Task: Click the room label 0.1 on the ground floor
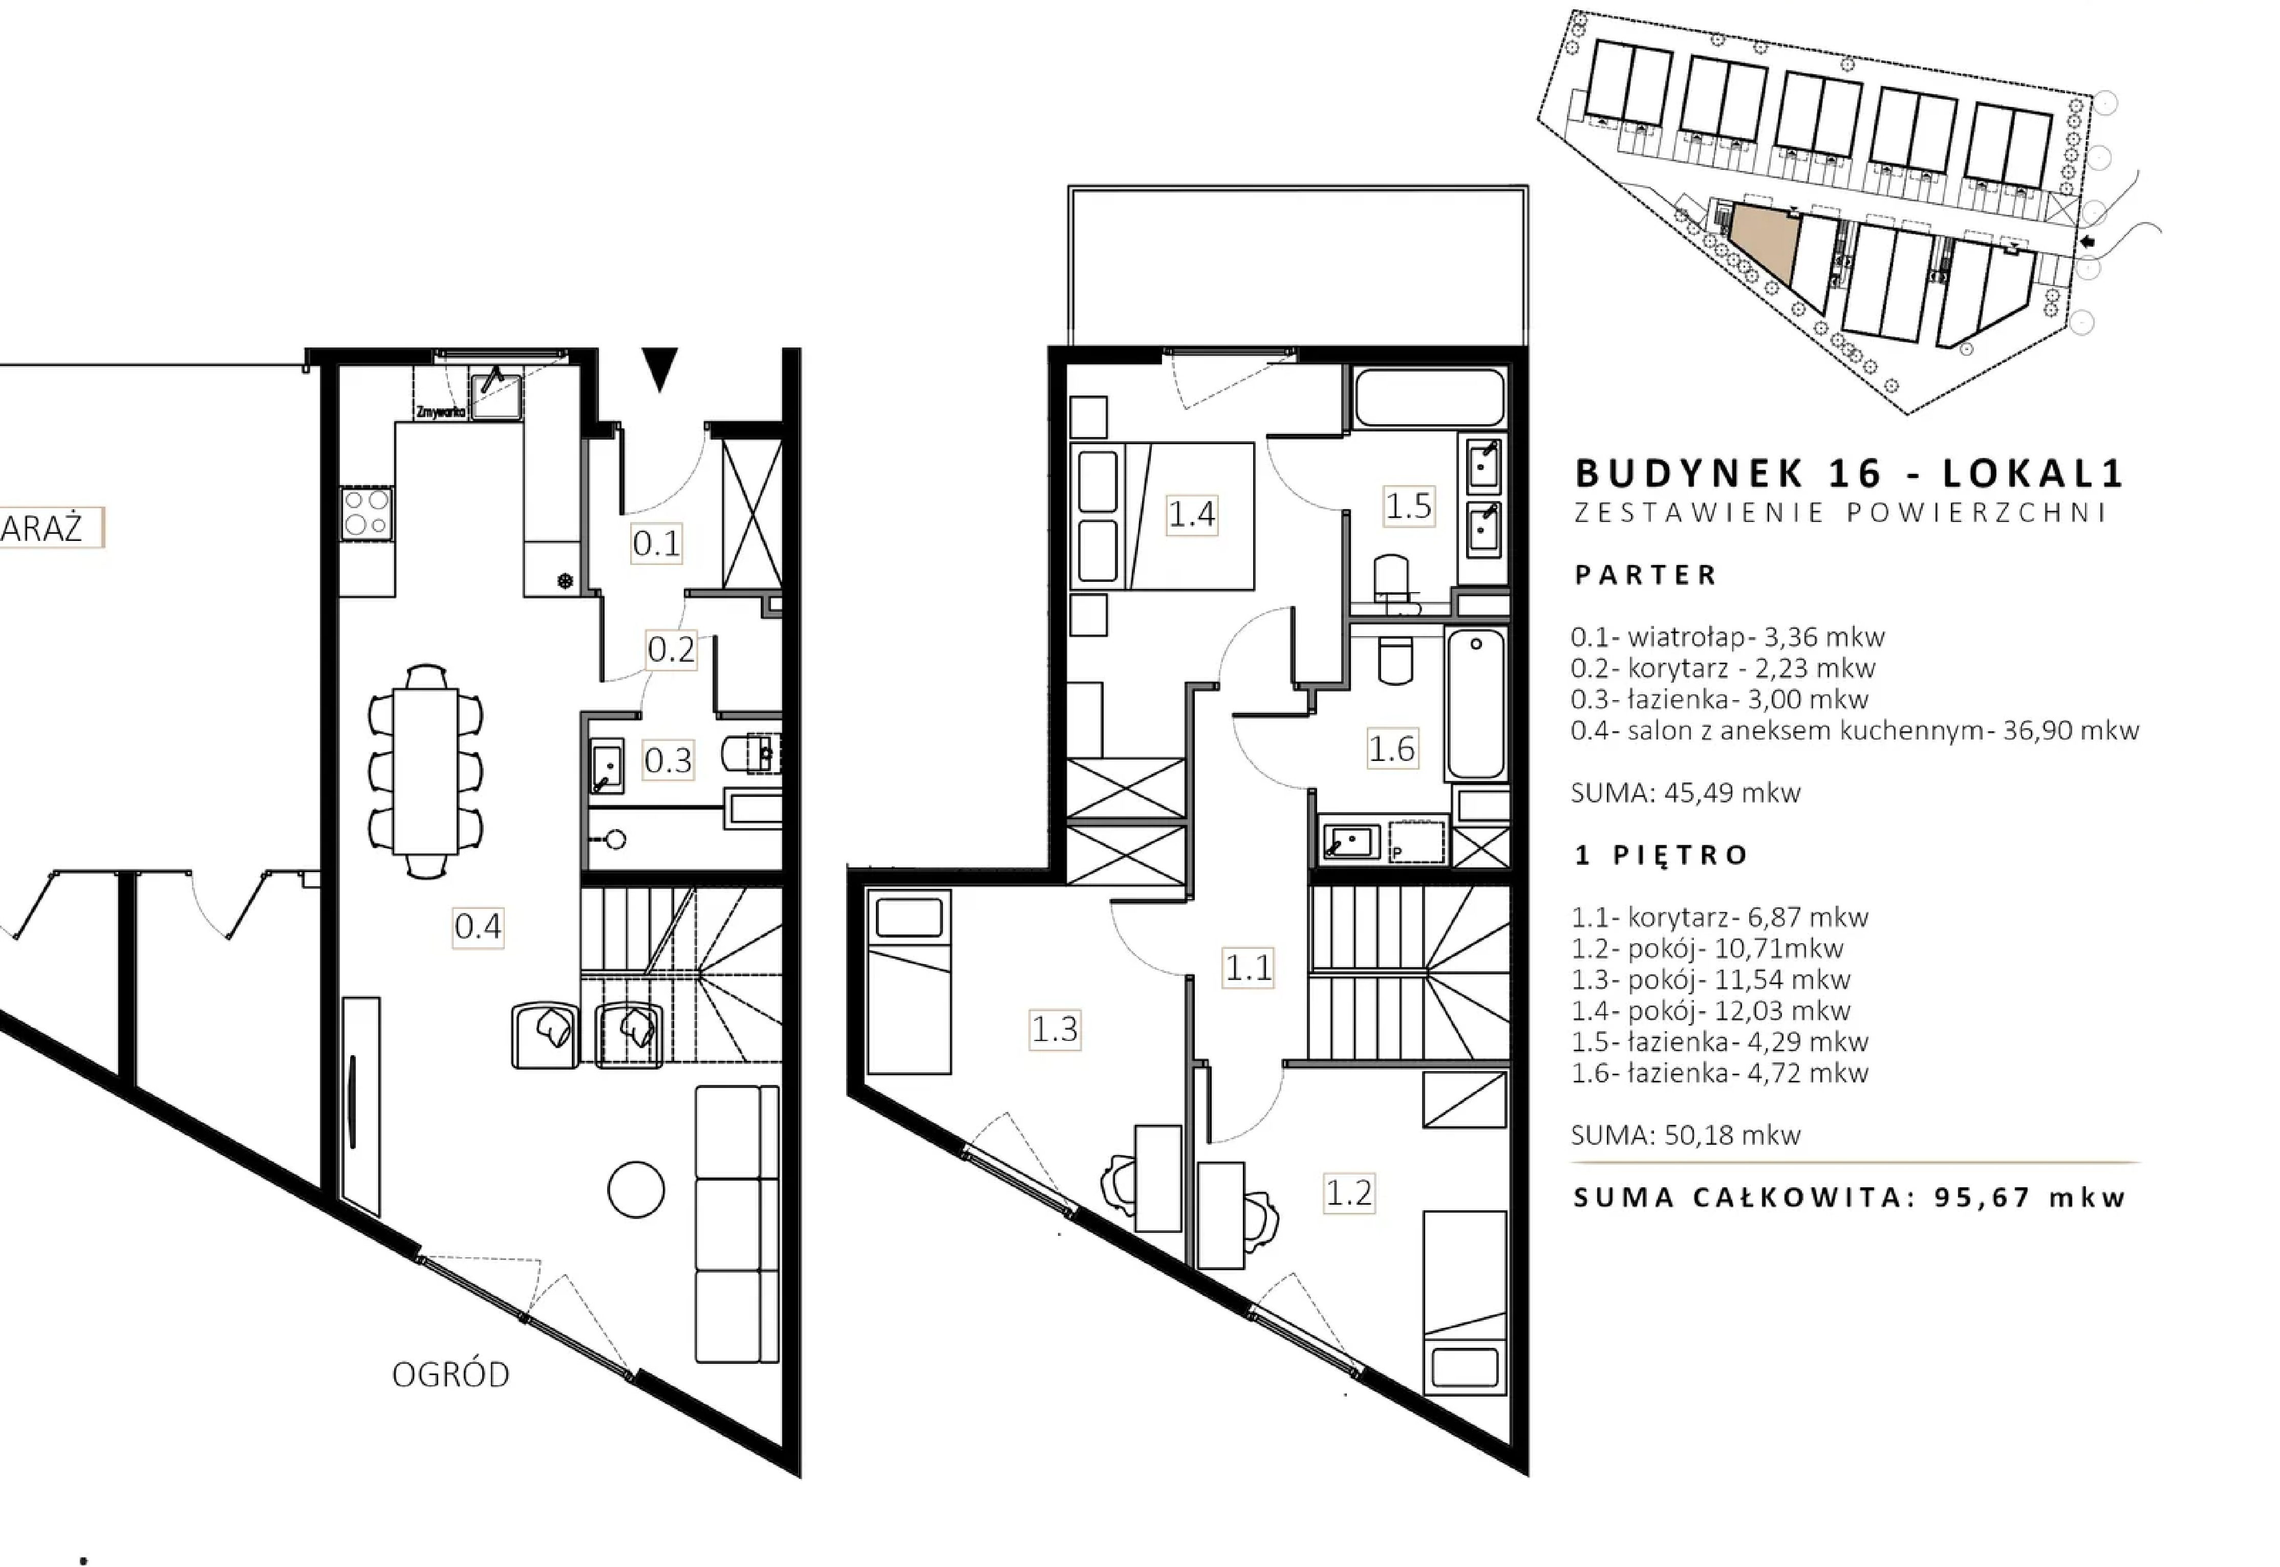click(x=656, y=543)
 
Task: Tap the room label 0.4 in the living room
click(x=478, y=926)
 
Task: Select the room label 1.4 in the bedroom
click(x=1191, y=513)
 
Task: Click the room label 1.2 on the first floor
click(x=1348, y=1193)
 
